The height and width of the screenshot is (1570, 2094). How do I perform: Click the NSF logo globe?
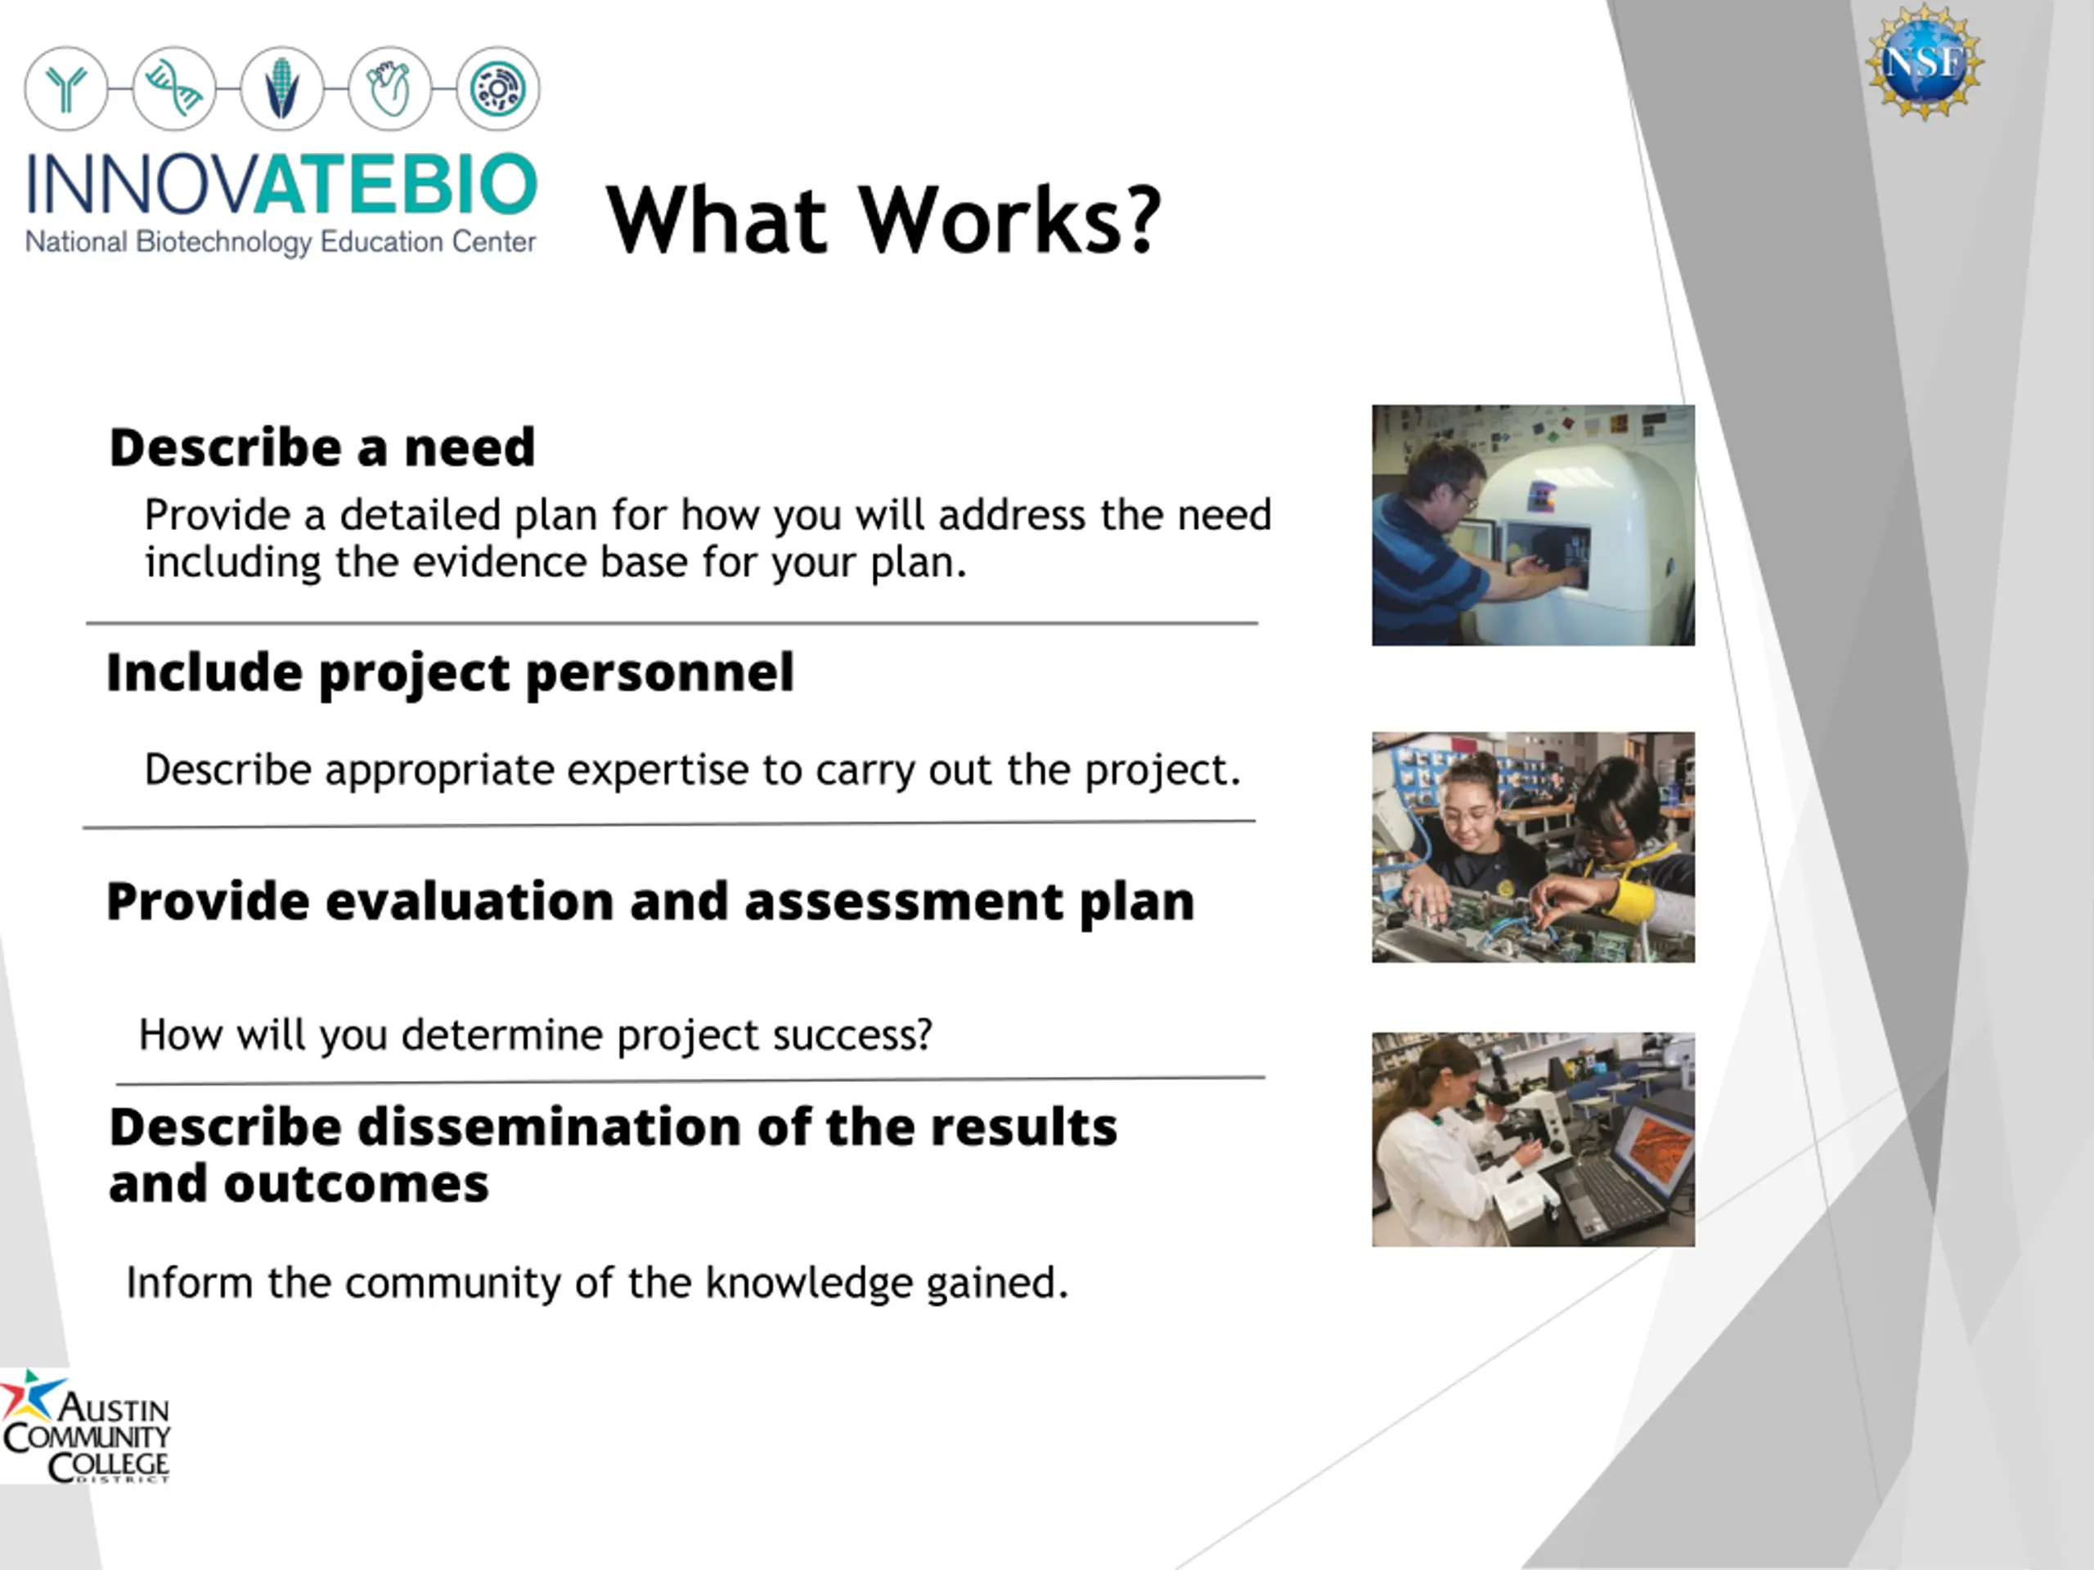tap(1925, 62)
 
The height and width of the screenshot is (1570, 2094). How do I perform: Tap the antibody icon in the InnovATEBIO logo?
tap(66, 89)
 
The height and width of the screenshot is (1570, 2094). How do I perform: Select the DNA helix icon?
tap(174, 89)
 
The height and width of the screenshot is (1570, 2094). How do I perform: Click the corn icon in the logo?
tap(282, 89)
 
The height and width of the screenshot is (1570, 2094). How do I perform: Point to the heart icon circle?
tap(390, 89)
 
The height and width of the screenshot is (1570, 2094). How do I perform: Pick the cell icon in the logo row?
tap(498, 89)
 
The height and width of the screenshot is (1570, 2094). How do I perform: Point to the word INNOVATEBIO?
tap(281, 185)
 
